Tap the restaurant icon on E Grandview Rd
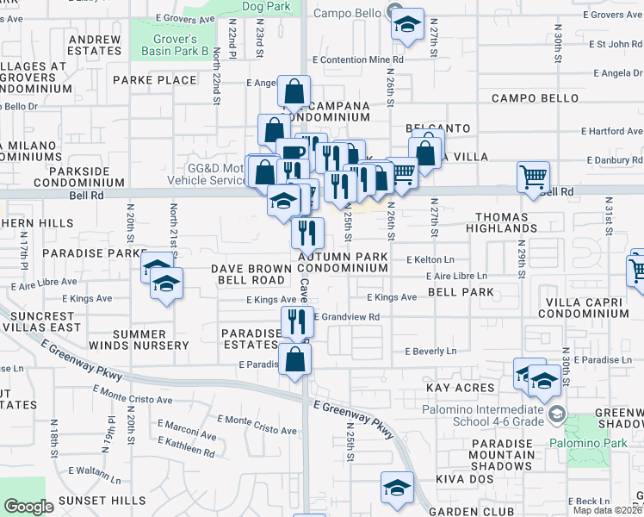(296, 321)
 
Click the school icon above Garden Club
(397, 488)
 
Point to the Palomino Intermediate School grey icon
(557, 416)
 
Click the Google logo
(28, 506)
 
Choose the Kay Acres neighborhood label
(461, 389)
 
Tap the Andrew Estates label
(95, 46)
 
